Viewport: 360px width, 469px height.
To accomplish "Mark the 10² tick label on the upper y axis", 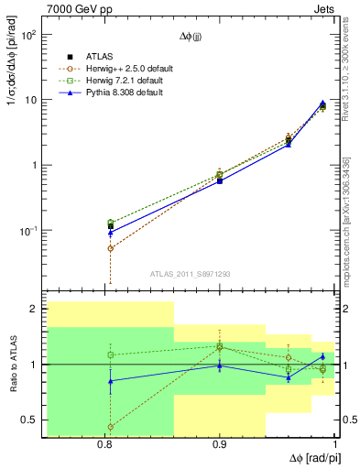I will (28, 35).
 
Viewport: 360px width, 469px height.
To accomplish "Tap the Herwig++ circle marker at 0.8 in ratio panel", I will (111, 427).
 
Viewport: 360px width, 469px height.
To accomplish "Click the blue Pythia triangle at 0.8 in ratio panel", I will (111, 381).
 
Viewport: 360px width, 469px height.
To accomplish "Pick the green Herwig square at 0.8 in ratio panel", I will (111, 354).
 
